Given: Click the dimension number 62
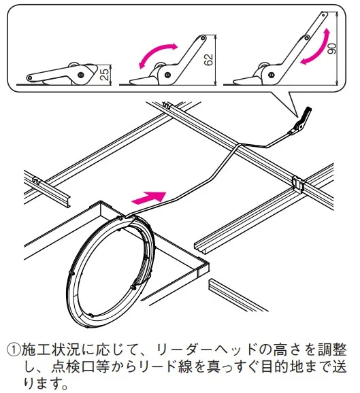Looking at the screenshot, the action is click(209, 60).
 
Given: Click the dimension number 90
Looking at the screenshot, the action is click(332, 49).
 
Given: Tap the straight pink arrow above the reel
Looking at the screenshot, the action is click(149, 197).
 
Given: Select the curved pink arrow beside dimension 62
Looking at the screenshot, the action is click(158, 52).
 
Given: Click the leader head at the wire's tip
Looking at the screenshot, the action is click(300, 121).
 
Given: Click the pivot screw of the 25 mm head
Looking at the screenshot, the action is click(80, 74).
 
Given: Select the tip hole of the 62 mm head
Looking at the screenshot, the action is click(202, 38).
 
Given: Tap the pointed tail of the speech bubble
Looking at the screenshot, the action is click(297, 116).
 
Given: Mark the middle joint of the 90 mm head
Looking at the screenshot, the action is click(306, 38).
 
